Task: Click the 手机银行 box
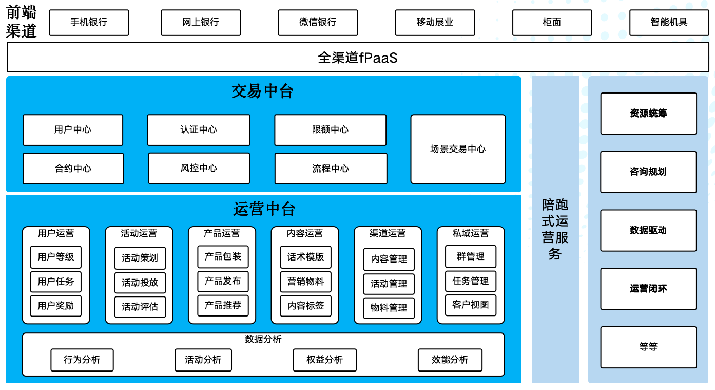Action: pos(89,23)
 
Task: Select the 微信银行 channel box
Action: pos(318,23)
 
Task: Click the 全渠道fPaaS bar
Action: pos(357,57)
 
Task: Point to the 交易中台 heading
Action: pos(262,91)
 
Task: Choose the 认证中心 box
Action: pos(199,130)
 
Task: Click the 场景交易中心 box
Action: pos(458,149)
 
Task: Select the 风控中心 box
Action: pos(199,169)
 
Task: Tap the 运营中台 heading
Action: pos(264,209)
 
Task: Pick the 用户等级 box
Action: pos(56,257)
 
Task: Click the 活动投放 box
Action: pos(140,283)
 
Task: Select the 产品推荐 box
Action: pos(223,305)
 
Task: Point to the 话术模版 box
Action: pos(306,257)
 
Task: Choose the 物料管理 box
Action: pos(389,308)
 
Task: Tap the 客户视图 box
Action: pos(471,305)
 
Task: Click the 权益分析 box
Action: pos(324,360)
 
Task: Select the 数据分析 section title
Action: pos(263,339)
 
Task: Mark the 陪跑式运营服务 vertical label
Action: pos(555,229)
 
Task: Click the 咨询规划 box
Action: pos(648,172)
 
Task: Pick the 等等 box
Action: pos(648,347)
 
